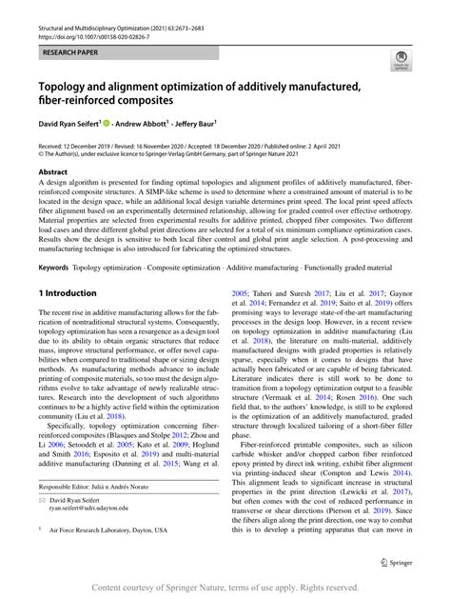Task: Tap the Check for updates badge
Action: tap(390, 63)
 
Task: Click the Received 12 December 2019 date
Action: tap(85, 143)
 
